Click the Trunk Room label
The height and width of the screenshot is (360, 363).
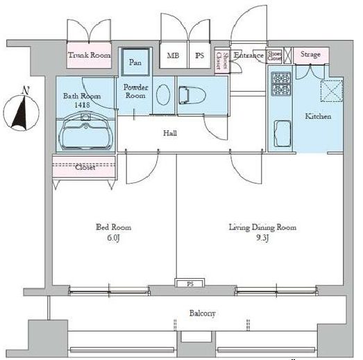pos(88,55)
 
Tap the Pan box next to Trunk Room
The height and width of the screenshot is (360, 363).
pos(135,62)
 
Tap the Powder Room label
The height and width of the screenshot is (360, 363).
pos(136,92)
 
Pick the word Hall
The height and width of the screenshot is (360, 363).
pos(169,132)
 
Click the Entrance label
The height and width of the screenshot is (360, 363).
pos(248,55)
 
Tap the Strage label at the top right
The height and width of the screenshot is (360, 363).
pos(310,55)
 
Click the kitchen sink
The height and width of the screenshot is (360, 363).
pos(282,132)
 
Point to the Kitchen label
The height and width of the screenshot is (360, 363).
pos(318,117)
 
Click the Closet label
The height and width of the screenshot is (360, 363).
pos(85,167)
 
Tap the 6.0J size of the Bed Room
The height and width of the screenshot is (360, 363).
pos(112,237)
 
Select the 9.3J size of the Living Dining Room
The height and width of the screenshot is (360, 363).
pos(263,237)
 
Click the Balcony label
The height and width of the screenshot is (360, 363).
pos(203,314)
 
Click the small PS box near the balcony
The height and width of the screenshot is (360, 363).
pos(189,284)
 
